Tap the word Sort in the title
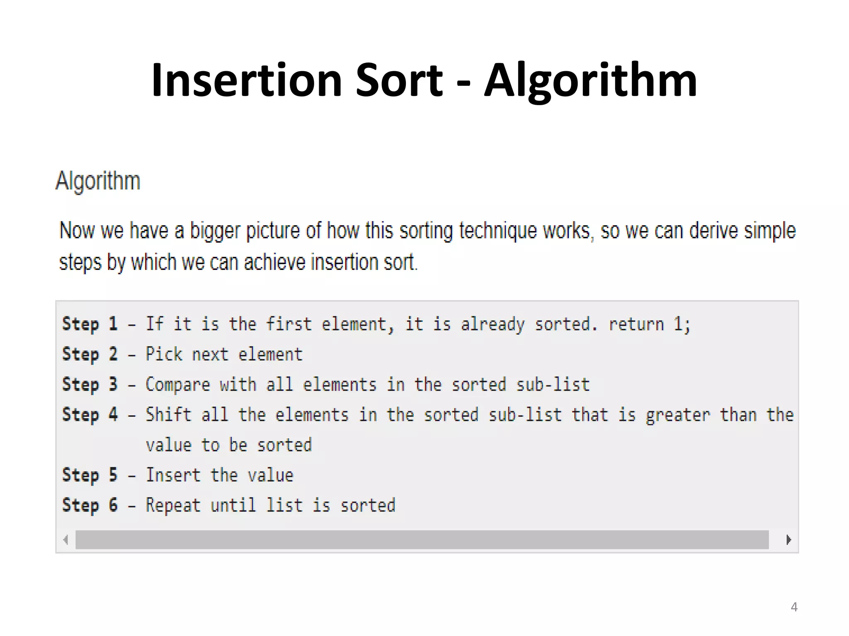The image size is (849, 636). (399, 80)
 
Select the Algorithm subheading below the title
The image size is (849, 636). (98, 181)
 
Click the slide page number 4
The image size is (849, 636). (794, 607)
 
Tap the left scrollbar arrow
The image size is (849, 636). (65, 540)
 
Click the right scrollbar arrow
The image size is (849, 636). (788, 540)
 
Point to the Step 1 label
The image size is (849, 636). (90, 324)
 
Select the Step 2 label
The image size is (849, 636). (90, 354)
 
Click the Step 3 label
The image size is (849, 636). (90, 385)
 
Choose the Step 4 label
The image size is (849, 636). (90, 415)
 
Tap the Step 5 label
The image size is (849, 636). (90, 475)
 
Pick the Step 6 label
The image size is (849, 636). (90, 506)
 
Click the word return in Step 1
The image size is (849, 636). (636, 324)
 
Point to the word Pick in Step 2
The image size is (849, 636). (164, 354)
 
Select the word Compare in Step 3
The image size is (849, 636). (178, 385)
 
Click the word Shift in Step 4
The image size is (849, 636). (168, 415)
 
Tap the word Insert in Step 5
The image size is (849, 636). (173, 475)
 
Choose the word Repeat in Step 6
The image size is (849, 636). (173, 506)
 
